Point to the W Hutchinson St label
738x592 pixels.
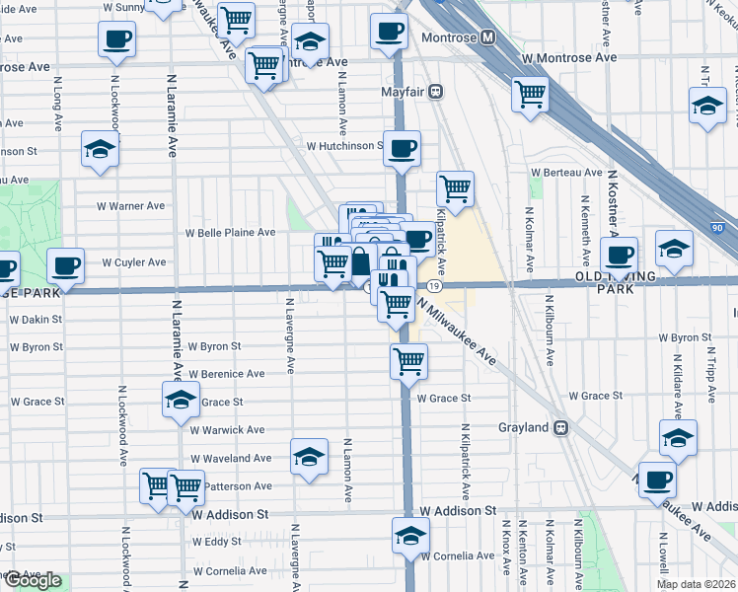pyautogui.click(x=343, y=146)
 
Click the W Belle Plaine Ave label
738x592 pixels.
pyautogui.click(x=231, y=233)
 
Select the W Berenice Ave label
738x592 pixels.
pyautogui.click(x=228, y=375)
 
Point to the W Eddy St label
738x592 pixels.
pyautogui.click(x=217, y=542)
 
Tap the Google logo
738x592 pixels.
pyautogui.click(x=33, y=580)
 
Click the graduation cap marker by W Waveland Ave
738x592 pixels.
pyautogui.click(x=309, y=457)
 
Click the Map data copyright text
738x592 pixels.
pyautogui.click(x=694, y=584)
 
